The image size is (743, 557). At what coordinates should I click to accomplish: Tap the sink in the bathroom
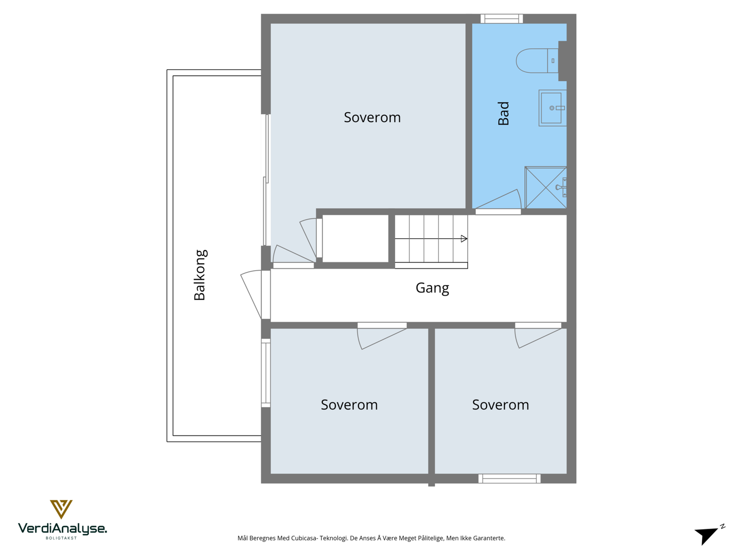pyautogui.click(x=551, y=108)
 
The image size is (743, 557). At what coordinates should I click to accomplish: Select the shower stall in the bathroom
pyautogui.click(x=546, y=188)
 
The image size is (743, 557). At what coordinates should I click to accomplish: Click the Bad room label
pyautogui.click(x=504, y=114)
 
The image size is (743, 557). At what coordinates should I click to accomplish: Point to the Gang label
pyautogui.click(x=432, y=288)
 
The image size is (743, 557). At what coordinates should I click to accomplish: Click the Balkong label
pyautogui.click(x=200, y=275)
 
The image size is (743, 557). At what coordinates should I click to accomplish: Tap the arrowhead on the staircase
pyautogui.click(x=463, y=239)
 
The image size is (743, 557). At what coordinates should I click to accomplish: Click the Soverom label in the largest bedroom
pyautogui.click(x=372, y=117)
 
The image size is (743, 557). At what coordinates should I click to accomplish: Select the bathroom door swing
pyautogui.click(x=499, y=201)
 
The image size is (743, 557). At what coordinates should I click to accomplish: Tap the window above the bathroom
pyautogui.click(x=502, y=19)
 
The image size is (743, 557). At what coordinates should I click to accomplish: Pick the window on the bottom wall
pyautogui.click(x=509, y=479)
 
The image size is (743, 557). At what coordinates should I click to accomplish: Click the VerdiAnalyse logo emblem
pyautogui.click(x=61, y=509)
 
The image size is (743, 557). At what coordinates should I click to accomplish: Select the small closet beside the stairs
pyautogui.click(x=355, y=238)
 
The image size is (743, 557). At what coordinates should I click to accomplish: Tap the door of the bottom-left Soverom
pyautogui.click(x=382, y=337)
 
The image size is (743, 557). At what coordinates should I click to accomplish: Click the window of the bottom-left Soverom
pyautogui.click(x=266, y=373)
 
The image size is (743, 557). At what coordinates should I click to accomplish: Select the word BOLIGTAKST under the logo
pyautogui.click(x=61, y=538)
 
